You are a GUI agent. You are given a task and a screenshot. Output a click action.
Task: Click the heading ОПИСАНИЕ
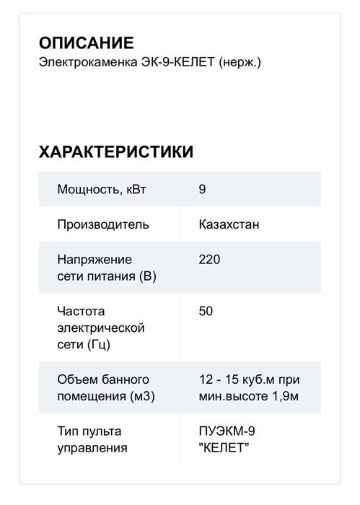pyautogui.click(x=86, y=43)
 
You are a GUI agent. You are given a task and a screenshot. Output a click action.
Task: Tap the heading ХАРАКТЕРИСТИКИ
pyautogui.click(x=115, y=151)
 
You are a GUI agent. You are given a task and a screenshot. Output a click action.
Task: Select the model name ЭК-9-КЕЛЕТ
pyautogui.click(x=180, y=63)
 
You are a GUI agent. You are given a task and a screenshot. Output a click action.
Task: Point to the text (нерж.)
pyautogui.click(x=240, y=63)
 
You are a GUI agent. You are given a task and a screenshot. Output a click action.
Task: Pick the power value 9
pyautogui.click(x=202, y=190)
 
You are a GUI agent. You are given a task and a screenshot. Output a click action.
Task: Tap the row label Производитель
pyautogui.click(x=103, y=224)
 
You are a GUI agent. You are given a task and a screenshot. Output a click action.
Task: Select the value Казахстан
pyautogui.click(x=229, y=224)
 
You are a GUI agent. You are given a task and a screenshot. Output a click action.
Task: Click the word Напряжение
pyautogui.click(x=95, y=259)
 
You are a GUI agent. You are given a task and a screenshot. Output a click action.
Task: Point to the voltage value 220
pyautogui.click(x=209, y=259)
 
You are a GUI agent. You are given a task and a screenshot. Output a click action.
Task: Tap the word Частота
pyautogui.click(x=81, y=311)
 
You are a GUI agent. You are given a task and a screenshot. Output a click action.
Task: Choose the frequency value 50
pyautogui.click(x=206, y=311)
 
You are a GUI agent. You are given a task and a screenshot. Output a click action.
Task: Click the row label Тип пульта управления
pyautogui.click(x=92, y=439)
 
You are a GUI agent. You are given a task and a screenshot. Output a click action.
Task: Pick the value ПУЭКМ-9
pyautogui.click(x=227, y=431)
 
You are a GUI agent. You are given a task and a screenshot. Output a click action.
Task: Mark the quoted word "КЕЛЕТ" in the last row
pyautogui.click(x=224, y=448)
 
